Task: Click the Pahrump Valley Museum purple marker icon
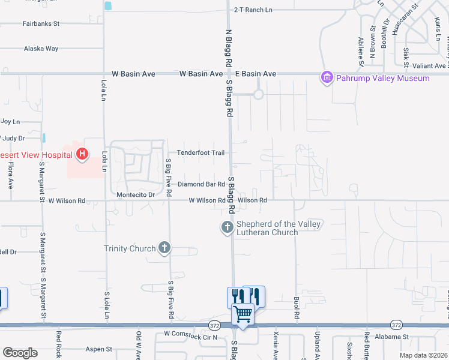pyautogui.click(x=327, y=77)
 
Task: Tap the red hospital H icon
pyautogui.click(x=82, y=155)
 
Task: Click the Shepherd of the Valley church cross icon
pyautogui.click(x=227, y=227)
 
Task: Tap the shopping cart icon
pyautogui.click(x=243, y=314)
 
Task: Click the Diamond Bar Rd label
pyautogui.click(x=200, y=184)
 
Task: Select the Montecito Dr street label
pyautogui.click(x=136, y=194)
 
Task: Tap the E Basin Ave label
pyautogui.click(x=256, y=74)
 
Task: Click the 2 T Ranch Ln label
pyautogui.click(x=253, y=10)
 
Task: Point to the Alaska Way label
pyautogui.click(x=41, y=49)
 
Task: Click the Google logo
pyautogui.click(x=20, y=353)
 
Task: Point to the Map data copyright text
pyautogui.click(x=424, y=355)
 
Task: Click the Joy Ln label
pyautogui.click(x=10, y=121)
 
